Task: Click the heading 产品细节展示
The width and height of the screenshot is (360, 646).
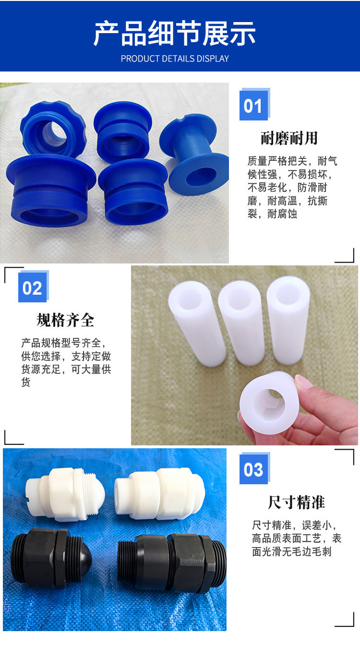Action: pyautogui.click(x=175, y=34)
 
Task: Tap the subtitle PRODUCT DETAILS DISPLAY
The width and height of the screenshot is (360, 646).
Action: pyautogui.click(x=175, y=59)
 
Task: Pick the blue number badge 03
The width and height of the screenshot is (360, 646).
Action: pyautogui.click(x=253, y=469)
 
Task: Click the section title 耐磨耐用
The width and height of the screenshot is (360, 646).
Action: pyautogui.click(x=289, y=138)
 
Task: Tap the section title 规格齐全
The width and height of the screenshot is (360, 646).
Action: pyautogui.click(x=65, y=320)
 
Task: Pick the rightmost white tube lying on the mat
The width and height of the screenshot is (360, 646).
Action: pyautogui.click(x=288, y=320)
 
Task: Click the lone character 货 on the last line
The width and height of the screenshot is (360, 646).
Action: pyautogui.click(x=25, y=383)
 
